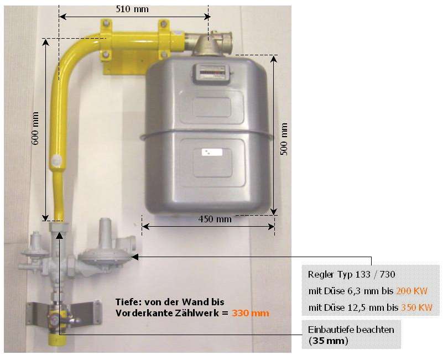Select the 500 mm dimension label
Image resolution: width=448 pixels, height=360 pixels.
[x=284, y=139]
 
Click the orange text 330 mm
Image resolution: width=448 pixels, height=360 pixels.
[x=251, y=314]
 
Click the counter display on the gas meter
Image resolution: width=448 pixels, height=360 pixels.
[x=210, y=72]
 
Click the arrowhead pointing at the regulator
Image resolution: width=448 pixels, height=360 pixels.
[x=133, y=257]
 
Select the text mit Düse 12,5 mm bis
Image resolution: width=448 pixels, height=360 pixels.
[x=351, y=307]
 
